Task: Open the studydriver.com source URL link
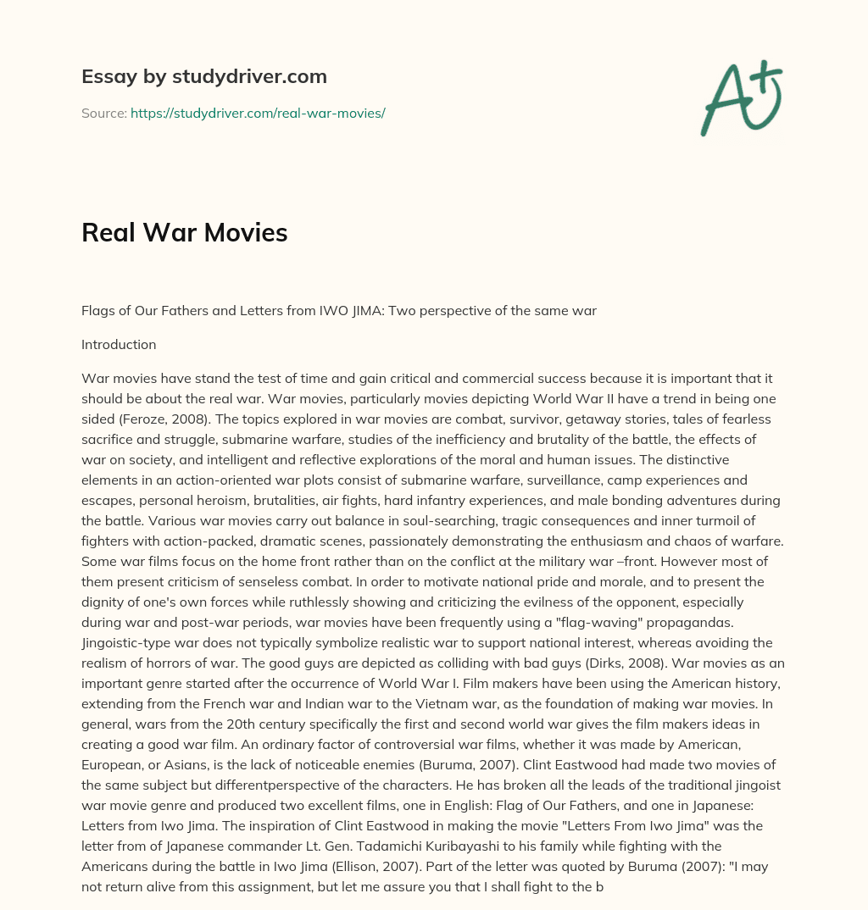point(258,113)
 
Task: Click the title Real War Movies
point(184,232)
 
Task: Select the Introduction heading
point(119,345)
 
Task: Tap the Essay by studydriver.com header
point(203,76)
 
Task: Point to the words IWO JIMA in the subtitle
point(354,311)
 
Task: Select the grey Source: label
point(103,113)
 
